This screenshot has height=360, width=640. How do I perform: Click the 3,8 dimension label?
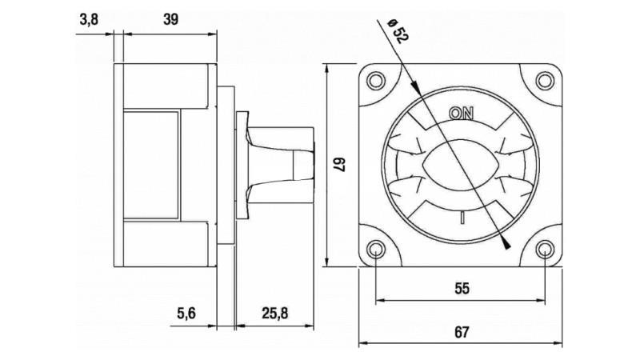(89, 20)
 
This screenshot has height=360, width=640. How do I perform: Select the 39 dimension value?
(170, 20)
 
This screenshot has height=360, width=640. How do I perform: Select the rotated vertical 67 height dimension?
(338, 166)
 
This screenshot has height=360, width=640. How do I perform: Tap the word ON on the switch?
(461, 113)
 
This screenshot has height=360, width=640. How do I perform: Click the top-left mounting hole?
(376, 80)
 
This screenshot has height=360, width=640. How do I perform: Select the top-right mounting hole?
(545, 80)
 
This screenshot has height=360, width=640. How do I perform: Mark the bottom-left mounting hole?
(376, 250)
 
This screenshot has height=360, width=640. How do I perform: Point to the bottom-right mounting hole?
(545, 250)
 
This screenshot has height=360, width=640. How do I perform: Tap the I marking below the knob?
(462, 218)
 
